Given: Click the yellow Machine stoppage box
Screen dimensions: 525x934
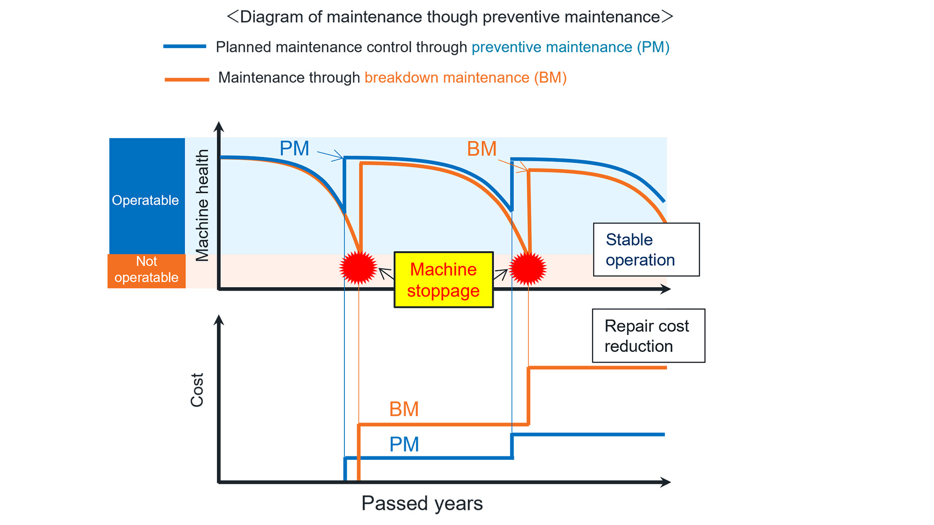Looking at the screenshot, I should (443, 280).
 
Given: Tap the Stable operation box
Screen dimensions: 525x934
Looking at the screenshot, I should (646, 249).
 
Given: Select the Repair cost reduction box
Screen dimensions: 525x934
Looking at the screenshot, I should (648, 335).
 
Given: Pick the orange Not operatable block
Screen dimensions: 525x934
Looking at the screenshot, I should (146, 271).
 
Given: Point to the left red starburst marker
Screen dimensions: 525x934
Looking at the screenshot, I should (358, 268).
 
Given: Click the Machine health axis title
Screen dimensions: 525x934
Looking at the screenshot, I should (202, 205).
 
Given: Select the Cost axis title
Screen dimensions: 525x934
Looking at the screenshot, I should (197, 390).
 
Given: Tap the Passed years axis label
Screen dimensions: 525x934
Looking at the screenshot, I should (422, 503).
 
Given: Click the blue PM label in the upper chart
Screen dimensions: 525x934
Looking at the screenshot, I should (294, 148).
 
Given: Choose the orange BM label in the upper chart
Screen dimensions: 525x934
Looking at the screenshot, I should (482, 149).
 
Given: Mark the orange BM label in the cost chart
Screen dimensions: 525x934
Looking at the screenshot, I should (404, 409).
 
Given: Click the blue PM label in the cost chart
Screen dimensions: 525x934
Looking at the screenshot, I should (404, 444).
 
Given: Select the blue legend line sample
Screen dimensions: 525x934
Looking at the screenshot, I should (185, 47).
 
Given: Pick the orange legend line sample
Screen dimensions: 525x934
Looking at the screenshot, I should (187, 79).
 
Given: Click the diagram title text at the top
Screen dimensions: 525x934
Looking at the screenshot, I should (449, 17).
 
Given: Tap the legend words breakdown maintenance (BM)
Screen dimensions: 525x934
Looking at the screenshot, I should (466, 78).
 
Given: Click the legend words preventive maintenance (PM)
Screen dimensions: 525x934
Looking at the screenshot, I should (570, 47).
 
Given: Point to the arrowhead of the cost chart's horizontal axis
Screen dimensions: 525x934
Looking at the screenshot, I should (666, 482).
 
